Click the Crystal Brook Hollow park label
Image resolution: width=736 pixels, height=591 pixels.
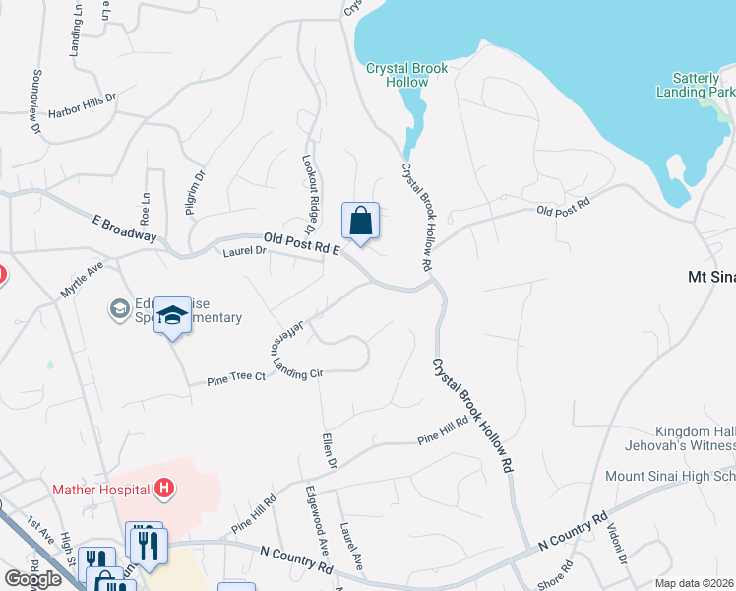(x=406, y=75)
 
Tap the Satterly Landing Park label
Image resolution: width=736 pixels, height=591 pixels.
(x=695, y=84)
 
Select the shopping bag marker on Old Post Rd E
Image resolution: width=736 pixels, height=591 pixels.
(x=360, y=221)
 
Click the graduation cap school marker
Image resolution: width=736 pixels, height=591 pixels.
(x=173, y=317)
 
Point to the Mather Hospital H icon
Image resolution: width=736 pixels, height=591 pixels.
(x=164, y=489)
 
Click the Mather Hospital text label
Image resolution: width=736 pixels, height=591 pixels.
(x=100, y=489)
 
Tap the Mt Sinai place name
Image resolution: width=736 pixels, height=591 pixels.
(x=710, y=278)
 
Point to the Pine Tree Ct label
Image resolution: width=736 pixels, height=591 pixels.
(x=235, y=377)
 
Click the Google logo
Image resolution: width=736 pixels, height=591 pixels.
(x=32, y=579)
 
